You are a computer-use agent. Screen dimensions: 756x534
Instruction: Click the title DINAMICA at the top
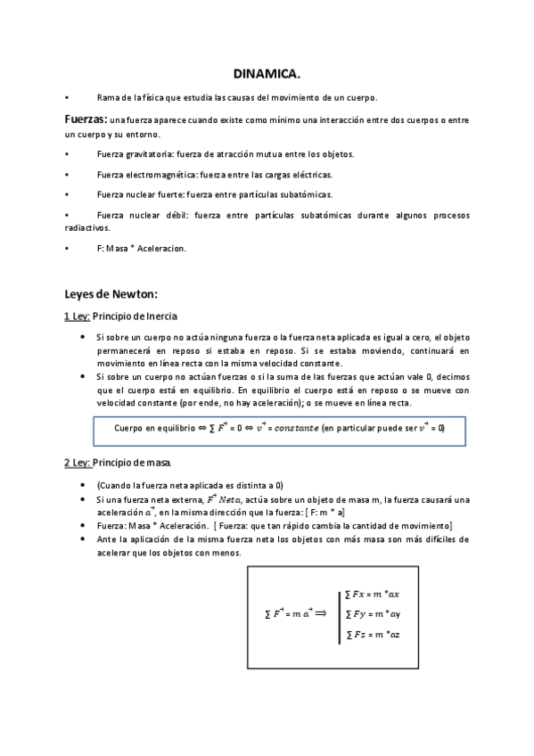(267, 74)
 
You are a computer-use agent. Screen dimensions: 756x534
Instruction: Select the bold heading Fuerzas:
(86, 119)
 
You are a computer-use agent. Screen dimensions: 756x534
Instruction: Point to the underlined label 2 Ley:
(77, 463)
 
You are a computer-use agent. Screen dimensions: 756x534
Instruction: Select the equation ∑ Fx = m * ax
(373, 593)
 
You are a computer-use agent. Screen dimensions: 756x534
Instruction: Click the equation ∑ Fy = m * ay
(373, 613)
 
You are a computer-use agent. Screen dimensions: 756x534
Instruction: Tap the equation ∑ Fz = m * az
(373, 635)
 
